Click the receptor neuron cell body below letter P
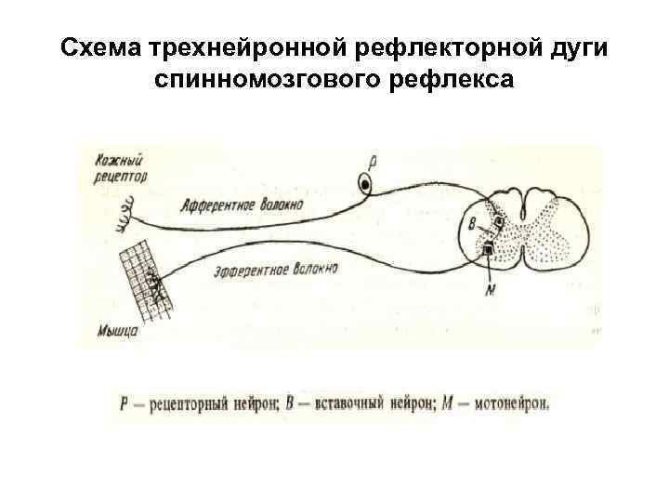click(x=368, y=184)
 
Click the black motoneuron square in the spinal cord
click(x=488, y=249)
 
